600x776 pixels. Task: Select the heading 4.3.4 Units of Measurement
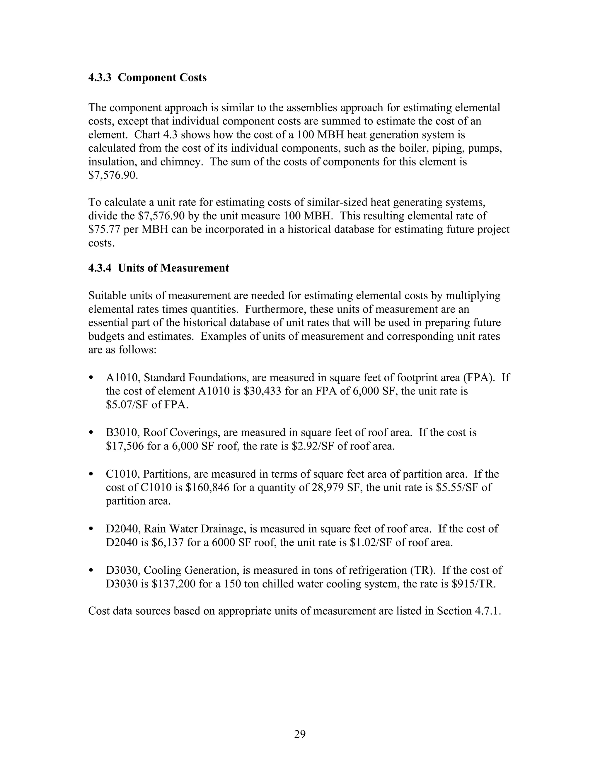tap(158, 268)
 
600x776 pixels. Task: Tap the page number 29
tap(300, 734)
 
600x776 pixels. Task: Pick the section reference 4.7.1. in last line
tap(488, 611)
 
